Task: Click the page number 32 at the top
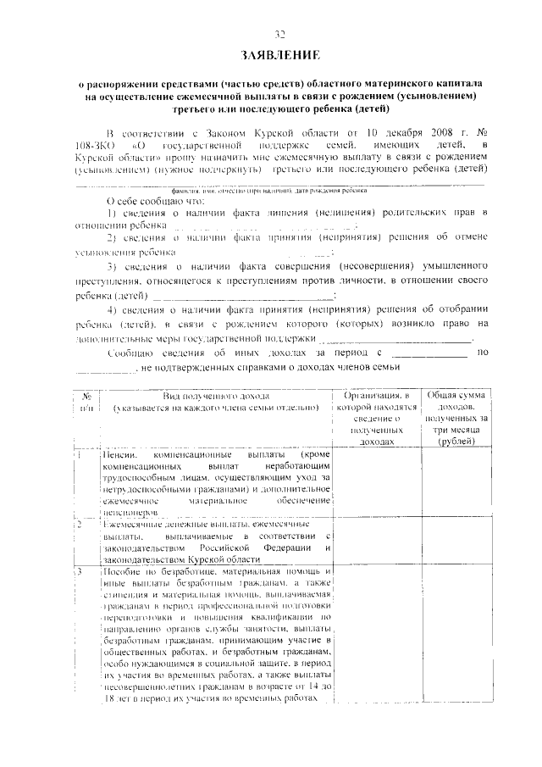[279, 35]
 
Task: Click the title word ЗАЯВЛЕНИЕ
[279, 56]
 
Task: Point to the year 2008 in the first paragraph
[432, 133]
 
